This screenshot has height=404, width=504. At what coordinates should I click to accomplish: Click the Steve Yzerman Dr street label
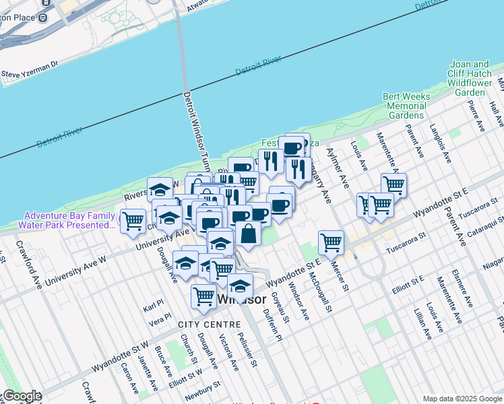[x=31, y=69]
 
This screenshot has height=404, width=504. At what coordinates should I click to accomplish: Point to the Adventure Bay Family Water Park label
[x=66, y=220]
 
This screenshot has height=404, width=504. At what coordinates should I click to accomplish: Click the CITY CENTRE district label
[x=201, y=325]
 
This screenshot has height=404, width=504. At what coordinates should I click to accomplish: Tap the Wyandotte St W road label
[x=120, y=357]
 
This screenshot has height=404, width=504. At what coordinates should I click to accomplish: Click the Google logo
[x=22, y=396]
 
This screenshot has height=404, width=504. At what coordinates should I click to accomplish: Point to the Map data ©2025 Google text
[x=461, y=398]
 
